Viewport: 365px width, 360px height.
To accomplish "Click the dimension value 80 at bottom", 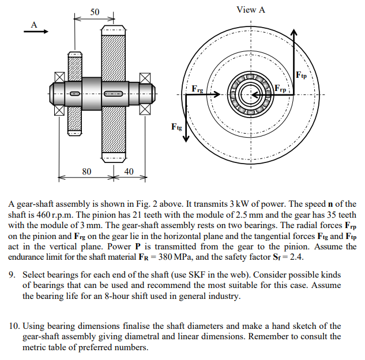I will pyautogui.click(x=86, y=171).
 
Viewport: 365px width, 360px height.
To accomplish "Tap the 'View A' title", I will pyautogui.click(x=251, y=10).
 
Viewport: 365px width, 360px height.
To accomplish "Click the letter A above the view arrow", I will pyautogui.click(x=34, y=24).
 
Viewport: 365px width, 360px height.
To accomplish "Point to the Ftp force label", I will pyautogui.click(x=301, y=75).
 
